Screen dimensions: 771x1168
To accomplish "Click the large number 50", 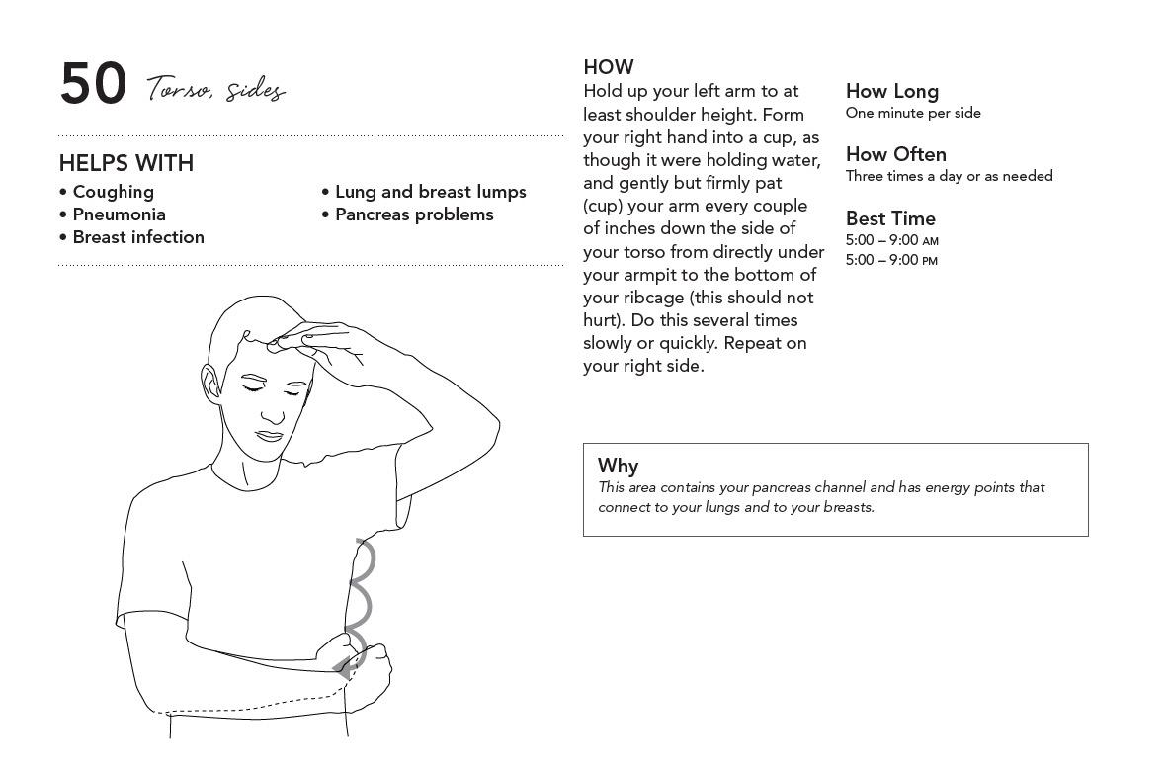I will (93, 84).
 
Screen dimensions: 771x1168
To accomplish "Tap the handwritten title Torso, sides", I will (216, 90).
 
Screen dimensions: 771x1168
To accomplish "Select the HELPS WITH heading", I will (125, 163).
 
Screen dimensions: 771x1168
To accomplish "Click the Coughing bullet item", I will (113, 192).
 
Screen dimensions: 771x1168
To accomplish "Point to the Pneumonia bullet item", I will (119, 214).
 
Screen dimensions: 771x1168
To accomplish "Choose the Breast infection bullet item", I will (138, 237).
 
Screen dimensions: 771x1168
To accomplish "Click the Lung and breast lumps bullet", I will (430, 192).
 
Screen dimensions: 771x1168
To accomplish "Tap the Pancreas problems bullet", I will (414, 214).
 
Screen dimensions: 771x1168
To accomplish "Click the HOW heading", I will (608, 67).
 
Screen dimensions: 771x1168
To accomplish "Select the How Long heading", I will (891, 91).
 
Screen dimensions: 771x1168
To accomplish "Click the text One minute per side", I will (913, 113).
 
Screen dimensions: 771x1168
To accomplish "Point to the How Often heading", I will (895, 154).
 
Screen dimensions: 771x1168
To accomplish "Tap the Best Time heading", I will (889, 218).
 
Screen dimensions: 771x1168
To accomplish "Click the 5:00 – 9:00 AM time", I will (891, 240).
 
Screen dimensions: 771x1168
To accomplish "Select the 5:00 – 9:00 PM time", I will (891, 260).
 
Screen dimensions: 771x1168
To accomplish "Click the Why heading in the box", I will (618, 466).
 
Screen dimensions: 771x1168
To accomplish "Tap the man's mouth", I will (270, 435).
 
